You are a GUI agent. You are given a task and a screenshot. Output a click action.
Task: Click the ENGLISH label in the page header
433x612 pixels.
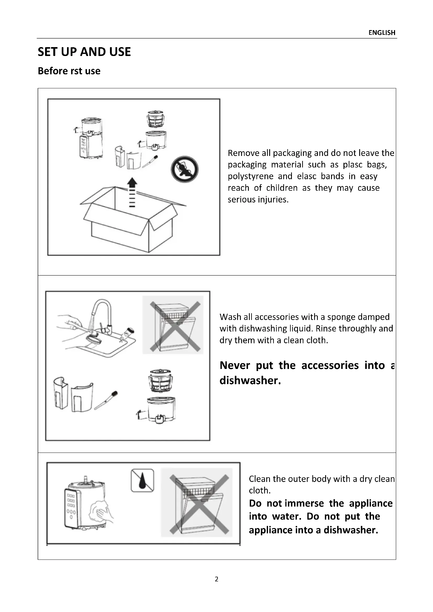tap(381, 33)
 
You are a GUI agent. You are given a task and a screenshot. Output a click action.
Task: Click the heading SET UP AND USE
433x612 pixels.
tap(84, 52)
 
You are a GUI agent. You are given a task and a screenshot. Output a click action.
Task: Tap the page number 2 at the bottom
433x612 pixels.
tap(216, 579)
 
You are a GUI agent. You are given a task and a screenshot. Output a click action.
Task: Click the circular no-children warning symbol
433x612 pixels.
tap(185, 169)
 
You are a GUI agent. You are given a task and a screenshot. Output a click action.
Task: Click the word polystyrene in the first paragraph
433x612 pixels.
tap(250, 176)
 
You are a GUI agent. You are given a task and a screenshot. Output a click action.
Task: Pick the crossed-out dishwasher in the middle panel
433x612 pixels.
tap(173, 325)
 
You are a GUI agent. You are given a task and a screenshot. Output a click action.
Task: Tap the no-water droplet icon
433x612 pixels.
tap(142, 480)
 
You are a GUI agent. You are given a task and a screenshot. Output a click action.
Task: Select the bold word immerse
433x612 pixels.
tap(304, 503)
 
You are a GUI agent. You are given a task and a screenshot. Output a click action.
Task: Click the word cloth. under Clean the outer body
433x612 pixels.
tap(259, 490)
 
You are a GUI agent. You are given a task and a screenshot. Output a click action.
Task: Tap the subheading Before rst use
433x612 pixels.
tap(69, 71)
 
